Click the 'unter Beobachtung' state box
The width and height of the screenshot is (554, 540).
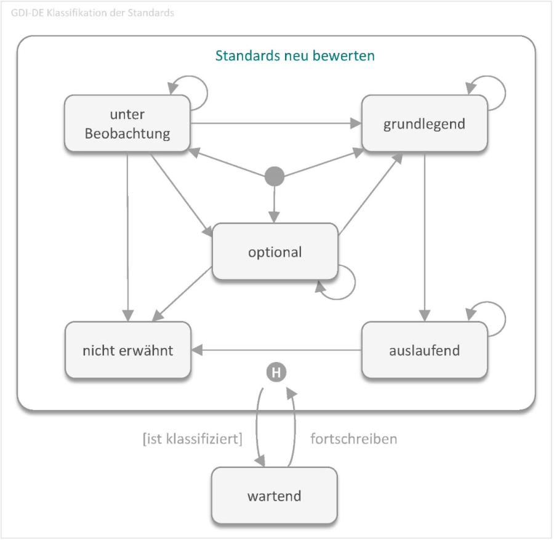pos(127,124)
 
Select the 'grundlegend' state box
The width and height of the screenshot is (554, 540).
pos(424,124)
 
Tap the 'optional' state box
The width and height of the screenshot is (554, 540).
pos(275,252)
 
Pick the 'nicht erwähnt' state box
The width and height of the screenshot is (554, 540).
pos(127,351)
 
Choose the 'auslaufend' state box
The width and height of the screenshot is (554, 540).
pos(424,351)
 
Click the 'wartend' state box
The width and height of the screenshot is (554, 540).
pos(275,495)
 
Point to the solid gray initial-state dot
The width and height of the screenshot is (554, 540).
pos(275,177)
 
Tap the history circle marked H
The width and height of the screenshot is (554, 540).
pos(276,373)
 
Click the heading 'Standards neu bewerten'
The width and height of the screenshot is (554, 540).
pos(295,55)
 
